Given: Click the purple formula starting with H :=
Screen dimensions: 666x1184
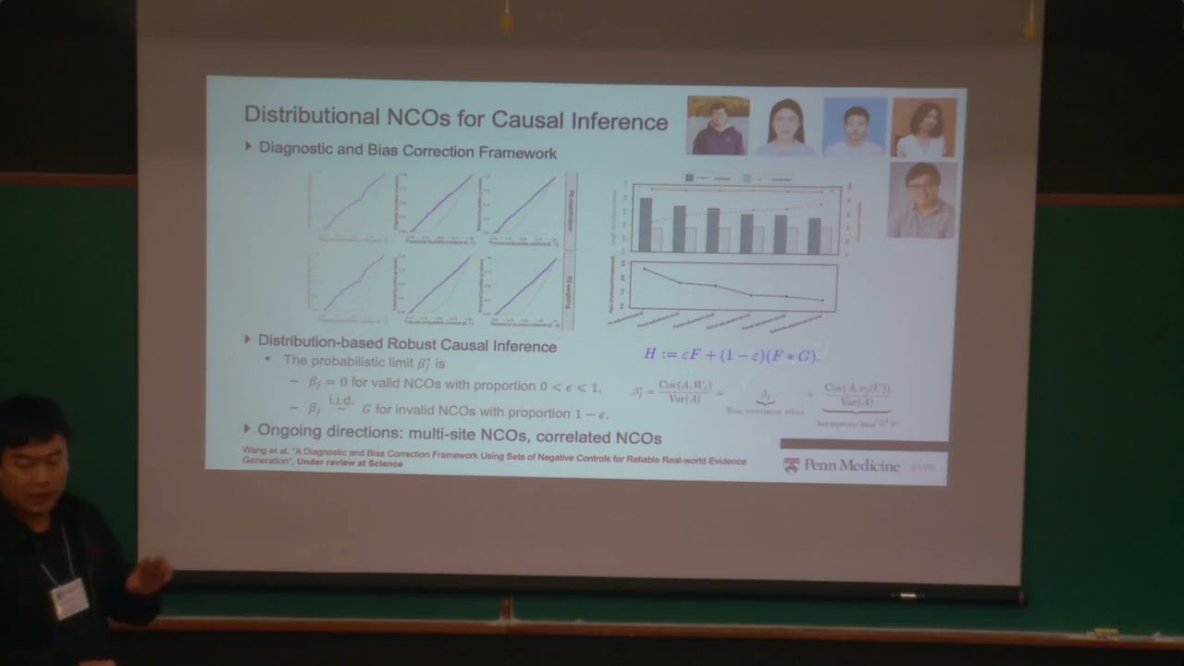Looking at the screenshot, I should click(x=731, y=354).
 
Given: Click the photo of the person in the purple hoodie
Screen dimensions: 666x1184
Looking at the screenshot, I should click(x=718, y=126).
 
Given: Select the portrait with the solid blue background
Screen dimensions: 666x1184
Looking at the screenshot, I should click(x=855, y=127).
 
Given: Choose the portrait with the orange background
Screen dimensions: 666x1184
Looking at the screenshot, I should click(x=924, y=128).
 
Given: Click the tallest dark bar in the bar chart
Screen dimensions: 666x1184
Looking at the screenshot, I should click(x=645, y=224).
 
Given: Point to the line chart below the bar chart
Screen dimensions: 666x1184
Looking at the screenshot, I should click(x=733, y=287).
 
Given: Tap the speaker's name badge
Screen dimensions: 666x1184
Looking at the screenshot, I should click(x=69, y=598).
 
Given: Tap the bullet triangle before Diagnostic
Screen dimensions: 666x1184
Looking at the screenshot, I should click(x=248, y=146).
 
